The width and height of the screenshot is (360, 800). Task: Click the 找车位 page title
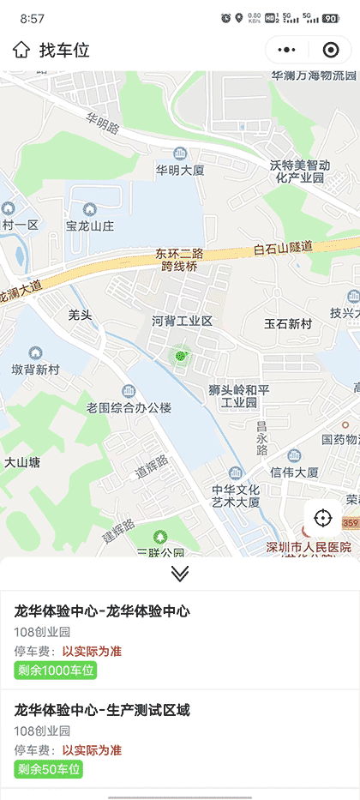tap(64, 50)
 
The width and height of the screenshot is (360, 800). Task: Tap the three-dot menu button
tap(288, 50)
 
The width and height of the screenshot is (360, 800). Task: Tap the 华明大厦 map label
tap(180, 170)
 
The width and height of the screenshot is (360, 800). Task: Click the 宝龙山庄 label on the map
tap(89, 226)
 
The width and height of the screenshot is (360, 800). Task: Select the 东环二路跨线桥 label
tap(179, 260)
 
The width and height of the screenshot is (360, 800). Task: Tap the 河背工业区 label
tap(182, 322)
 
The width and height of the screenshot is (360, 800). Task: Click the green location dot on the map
tap(180, 355)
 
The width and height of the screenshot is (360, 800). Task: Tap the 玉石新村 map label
tap(288, 324)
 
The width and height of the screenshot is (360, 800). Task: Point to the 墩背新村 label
tap(36, 370)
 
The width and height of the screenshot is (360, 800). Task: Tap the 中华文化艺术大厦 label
tap(236, 496)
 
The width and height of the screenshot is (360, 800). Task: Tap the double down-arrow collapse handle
tap(180, 574)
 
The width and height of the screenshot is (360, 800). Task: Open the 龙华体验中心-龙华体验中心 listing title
tap(102, 611)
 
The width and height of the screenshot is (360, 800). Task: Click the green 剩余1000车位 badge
tap(55, 670)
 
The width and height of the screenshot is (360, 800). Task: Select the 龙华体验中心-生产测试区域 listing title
tap(102, 710)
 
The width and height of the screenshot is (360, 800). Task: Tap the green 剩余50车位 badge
tap(49, 769)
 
